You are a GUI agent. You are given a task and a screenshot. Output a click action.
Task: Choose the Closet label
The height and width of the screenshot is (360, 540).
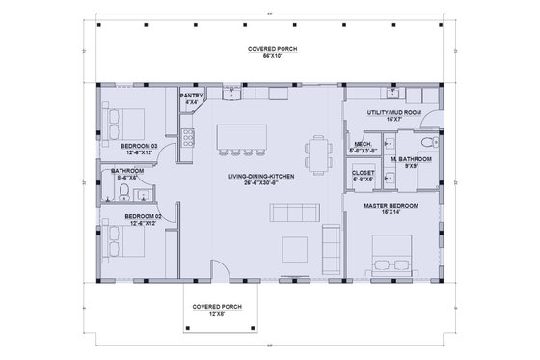click(363, 174)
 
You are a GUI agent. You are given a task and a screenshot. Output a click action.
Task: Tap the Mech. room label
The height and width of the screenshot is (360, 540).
click(363, 146)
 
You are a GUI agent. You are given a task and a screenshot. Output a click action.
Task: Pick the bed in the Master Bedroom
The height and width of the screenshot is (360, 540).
click(390, 259)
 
